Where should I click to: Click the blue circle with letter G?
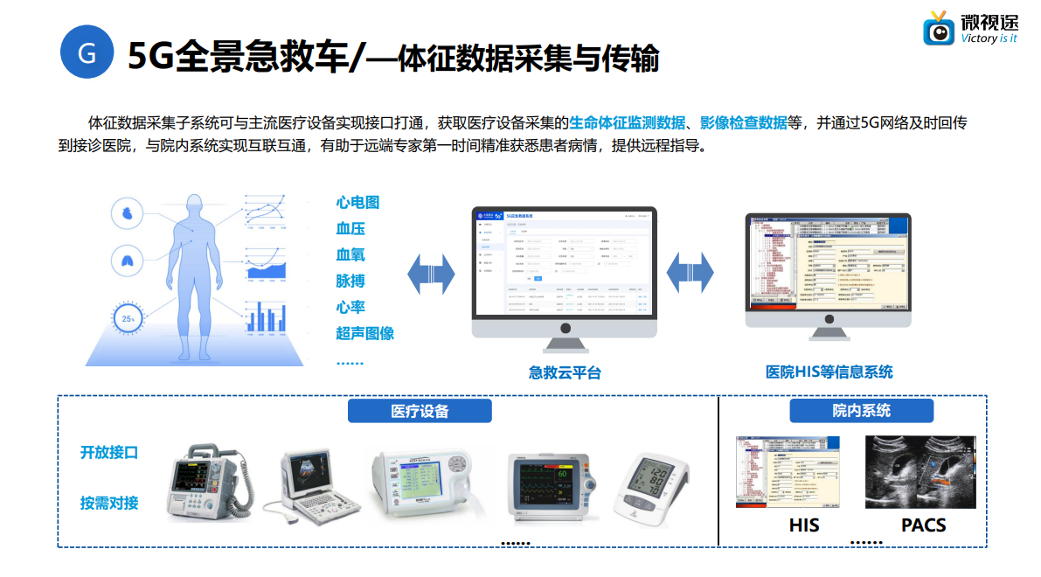point(87,52)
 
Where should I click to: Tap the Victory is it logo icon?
point(940,31)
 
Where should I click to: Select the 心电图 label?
point(357,203)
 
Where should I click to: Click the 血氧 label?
point(350,255)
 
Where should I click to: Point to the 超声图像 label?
point(364,333)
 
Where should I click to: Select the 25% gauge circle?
point(128,319)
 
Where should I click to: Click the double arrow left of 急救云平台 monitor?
point(432,275)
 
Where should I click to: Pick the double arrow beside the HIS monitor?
point(691,274)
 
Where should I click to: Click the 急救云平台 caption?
point(565,372)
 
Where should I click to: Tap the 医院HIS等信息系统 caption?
point(829,372)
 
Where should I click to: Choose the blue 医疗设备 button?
point(420,411)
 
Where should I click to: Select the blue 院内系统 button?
point(861,410)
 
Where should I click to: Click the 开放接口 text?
point(109,452)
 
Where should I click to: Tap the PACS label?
point(923,525)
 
